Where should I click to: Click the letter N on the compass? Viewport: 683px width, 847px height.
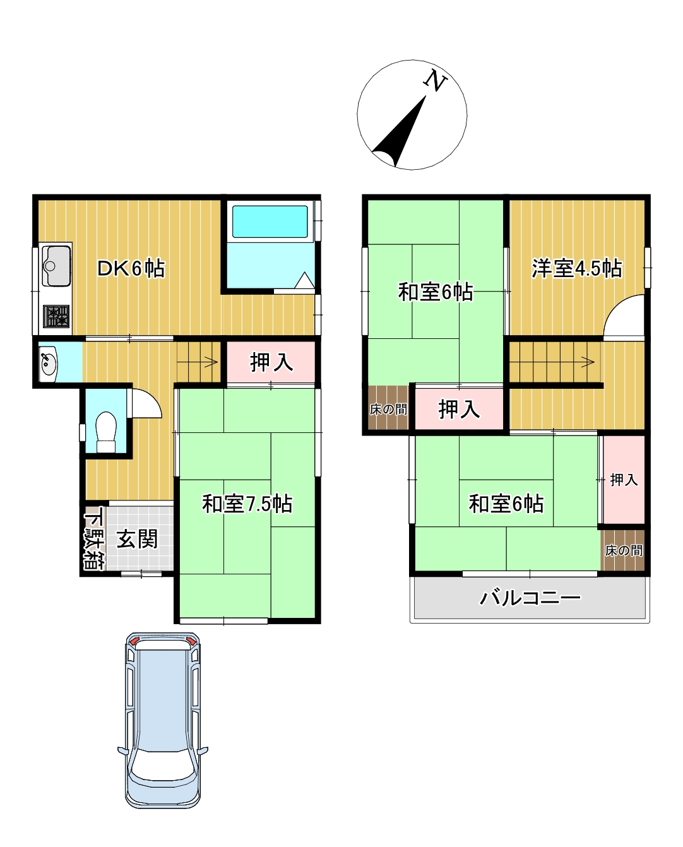(x=435, y=80)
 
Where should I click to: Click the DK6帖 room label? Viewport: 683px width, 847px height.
(x=131, y=269)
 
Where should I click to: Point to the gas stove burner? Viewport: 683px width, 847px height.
(x=56, y=315)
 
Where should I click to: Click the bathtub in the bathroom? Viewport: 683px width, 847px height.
(x=270, y=221)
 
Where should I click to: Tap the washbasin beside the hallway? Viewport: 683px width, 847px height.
(x=47, y=363)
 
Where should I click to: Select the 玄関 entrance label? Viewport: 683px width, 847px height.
(x=138, y=539)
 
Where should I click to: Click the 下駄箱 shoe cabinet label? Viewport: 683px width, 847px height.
(x=93, y=540)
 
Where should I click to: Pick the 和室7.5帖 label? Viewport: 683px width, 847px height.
(x=247, y=504)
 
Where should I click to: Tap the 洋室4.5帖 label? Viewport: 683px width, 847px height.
(x=576, y=269)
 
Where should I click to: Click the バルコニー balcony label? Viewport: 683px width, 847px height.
(x=530, y=597)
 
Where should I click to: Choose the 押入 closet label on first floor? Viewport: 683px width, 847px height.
(x=271, y=362)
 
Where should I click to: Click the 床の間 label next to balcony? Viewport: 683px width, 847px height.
(x=624, y=550)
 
